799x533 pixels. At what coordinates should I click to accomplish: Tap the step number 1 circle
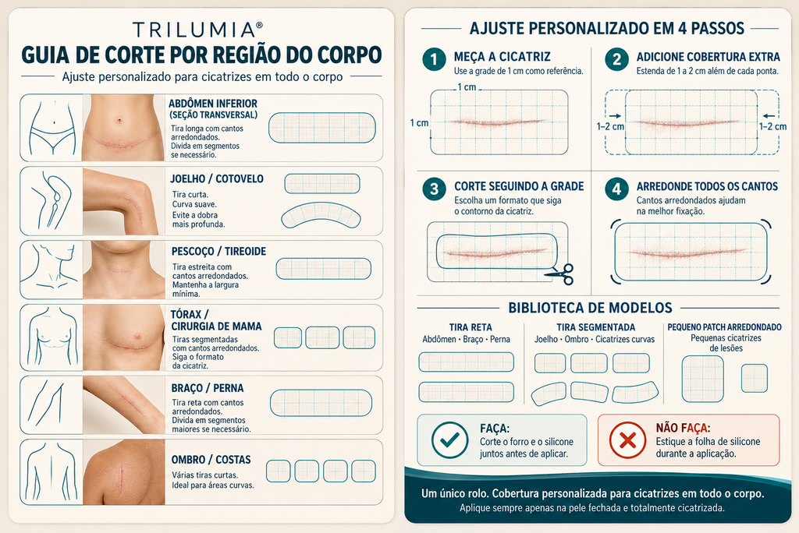(434, 59)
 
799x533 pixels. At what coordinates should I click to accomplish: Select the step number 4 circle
(616, 189)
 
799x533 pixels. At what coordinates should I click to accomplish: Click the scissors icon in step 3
(560, 274)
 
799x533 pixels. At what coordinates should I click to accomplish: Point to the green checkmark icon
(449, 440)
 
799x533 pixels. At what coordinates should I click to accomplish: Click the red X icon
(628, 440)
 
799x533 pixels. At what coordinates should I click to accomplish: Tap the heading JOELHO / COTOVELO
(217, 178)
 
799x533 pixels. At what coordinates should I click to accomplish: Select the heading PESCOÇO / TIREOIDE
(218, 252)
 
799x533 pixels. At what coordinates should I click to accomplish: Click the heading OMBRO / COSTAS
(211, 460)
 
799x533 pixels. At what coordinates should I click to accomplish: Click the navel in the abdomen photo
(119, 121)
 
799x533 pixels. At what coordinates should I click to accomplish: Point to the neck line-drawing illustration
(51, 270)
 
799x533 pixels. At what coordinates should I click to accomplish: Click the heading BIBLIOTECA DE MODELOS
(590, 308)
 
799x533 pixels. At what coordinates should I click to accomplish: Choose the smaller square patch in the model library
(755, 378)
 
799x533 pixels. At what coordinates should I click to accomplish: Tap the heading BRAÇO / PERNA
(208, 388)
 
